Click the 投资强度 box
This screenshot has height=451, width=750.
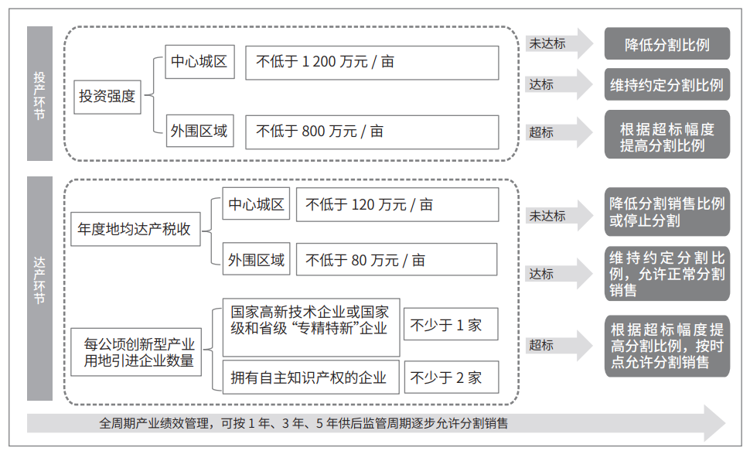pos(107,97)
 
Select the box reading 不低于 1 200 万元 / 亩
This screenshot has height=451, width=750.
pos(372,63)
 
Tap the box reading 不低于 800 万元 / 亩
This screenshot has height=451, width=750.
pos(372,132)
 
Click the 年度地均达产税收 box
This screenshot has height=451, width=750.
pos(135,229)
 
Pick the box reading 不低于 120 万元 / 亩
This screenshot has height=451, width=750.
pos(397,204)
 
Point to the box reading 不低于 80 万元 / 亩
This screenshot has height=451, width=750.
pos(397,259)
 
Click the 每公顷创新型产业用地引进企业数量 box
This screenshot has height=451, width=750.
pos(136,352)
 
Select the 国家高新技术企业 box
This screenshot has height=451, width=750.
pos(311,327)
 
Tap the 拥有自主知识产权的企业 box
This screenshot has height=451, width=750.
pos(311,378)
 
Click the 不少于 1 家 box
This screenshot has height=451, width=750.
pos(451,324)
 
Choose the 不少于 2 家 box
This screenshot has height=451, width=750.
pos(451,378)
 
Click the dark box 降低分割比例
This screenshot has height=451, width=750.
pos(666,43)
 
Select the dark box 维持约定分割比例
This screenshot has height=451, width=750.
pos(666,84)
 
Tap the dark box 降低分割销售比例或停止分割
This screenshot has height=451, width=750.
pos(666,212)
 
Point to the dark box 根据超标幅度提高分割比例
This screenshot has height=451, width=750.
pos(666,135)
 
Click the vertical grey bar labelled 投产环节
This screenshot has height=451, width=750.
pos(39,94)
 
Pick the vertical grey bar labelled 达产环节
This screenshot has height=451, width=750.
pos(39,289)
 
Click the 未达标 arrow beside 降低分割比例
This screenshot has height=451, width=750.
pos(560,43)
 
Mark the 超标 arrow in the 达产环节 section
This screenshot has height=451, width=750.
pos(560,345)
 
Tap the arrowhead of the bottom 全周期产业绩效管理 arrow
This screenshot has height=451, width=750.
pos(715,423)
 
